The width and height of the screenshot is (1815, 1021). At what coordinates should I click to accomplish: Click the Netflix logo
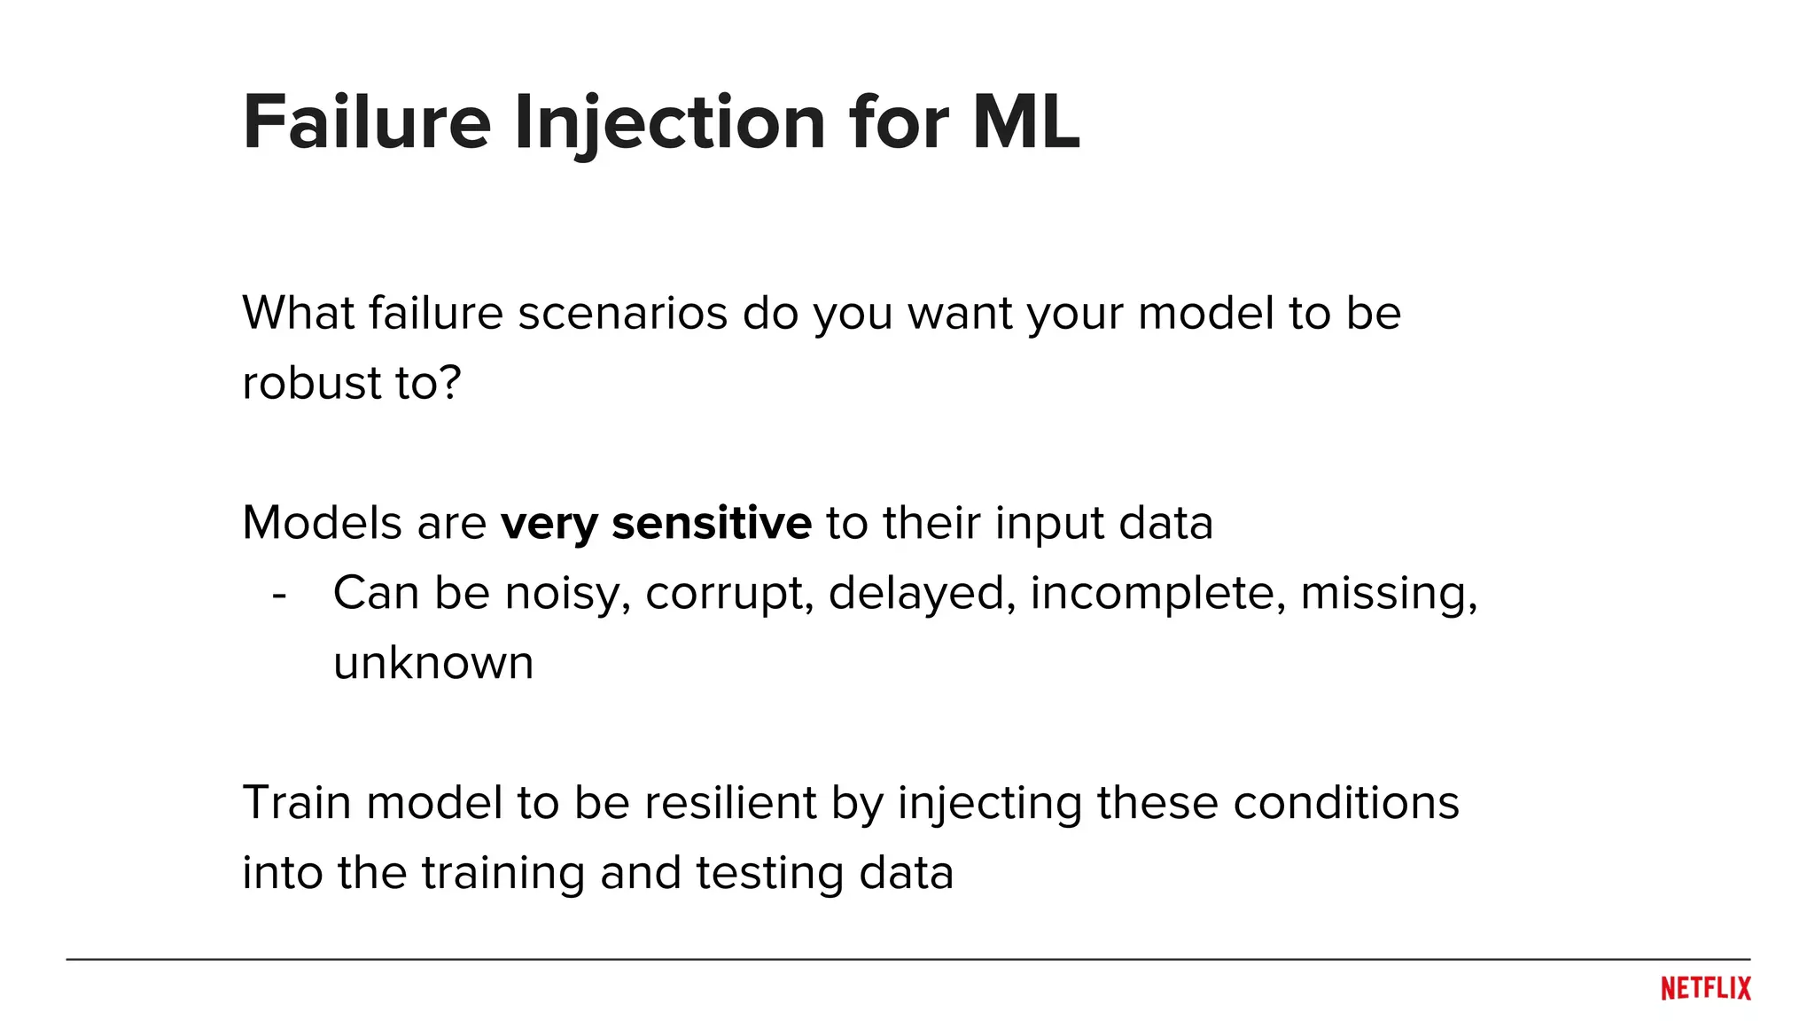point(1705,988)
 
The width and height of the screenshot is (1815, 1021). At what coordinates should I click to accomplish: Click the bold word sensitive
point(711,523)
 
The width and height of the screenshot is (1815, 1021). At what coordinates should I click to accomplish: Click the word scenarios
point(622,314)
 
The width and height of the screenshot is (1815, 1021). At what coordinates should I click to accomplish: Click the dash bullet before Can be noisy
point(279,595)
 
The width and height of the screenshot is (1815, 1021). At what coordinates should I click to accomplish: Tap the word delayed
point(922,594)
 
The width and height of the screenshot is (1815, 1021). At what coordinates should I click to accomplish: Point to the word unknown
point(433,664)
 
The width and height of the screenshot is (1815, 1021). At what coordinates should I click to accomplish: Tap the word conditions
point(1345,803)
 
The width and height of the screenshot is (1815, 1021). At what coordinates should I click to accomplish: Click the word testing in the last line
point(769,874)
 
